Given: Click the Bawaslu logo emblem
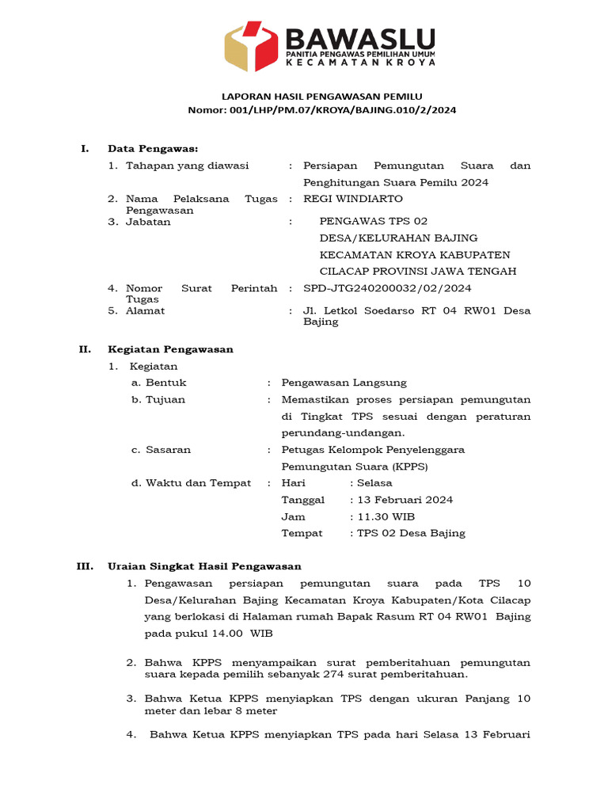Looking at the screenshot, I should [252, 47].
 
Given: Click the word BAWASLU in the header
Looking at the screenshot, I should [359, 38].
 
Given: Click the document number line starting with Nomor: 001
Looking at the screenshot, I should [321, 110].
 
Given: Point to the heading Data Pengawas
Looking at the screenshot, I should [153, 149].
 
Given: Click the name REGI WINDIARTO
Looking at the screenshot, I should [353, 199].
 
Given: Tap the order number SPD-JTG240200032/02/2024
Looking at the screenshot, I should [387, 288].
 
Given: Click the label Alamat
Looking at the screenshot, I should [146, 311].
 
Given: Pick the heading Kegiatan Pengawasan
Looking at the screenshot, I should [170, 349].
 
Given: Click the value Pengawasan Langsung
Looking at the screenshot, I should [344, 383].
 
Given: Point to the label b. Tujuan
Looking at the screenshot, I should [158, 399].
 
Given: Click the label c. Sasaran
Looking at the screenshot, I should [161, 450].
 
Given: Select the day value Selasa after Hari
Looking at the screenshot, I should [374, 483].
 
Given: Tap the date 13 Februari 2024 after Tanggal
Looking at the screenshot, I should [405, 500].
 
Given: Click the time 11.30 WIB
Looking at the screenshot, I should [386, 516].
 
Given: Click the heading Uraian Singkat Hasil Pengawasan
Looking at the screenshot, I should [204, 566].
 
